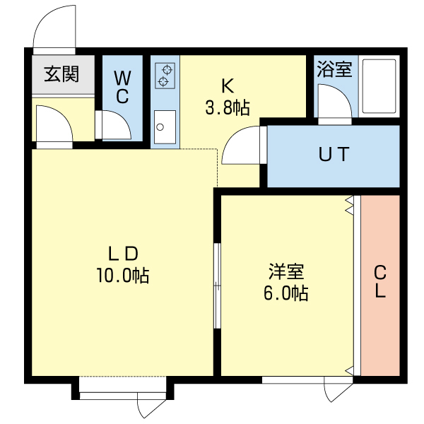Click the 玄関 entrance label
click(x=61, y=74)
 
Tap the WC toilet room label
click(x=122, y=87)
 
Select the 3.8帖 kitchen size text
click(x=227, y=108)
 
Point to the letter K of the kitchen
click(x=227, y=87)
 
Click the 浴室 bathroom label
click(x=334, y=69)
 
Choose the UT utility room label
click(x=333, y=155)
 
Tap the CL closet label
click(x=380, y=281)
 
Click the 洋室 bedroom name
click(x=286, y=271)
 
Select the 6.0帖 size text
click(x=286, y=293)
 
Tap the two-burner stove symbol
click(x=165, y=76)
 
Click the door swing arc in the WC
click(x=116, y=124)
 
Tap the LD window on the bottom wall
click(x=123, y=387)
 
